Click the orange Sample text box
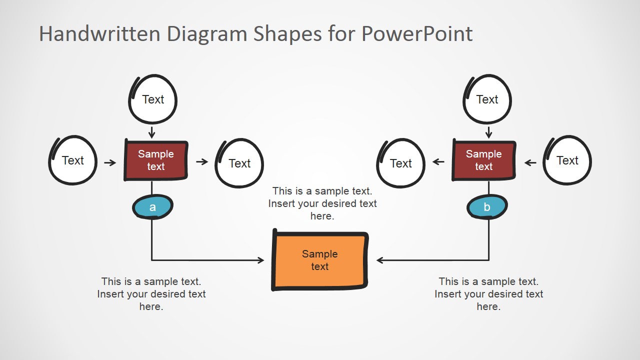point(320,260)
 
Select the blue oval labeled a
point(152,207)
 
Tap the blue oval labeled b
point(487,207)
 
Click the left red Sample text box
point(156,160)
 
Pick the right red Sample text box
point(483,160)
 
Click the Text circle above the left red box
point(153,99)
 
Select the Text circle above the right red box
point(487,99)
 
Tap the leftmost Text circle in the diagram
point(73,160)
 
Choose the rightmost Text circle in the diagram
point(567,160)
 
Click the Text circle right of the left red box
point(239,163)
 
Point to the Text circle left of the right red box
point(400,163)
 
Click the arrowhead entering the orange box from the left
point(260,260)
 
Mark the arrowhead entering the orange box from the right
point(380,260)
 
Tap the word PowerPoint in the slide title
point(416,34)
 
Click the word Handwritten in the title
point(99,34)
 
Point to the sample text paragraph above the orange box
point(322,203)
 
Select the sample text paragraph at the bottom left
point(151,294)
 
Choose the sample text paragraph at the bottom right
point(488,294)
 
